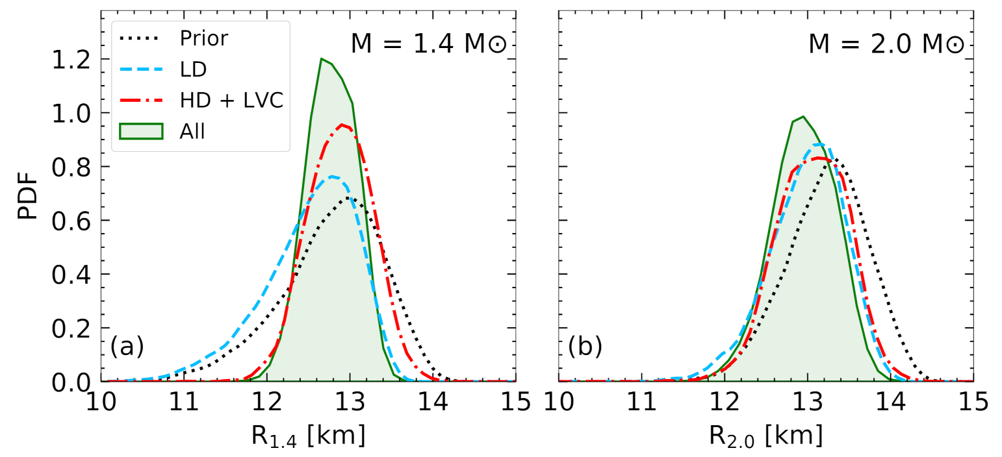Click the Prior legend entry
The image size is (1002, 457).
(203, 38)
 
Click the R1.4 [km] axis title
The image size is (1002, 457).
(308, 435)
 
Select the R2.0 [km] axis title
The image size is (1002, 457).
(766, 435)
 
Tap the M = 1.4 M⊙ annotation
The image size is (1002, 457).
(429, 44)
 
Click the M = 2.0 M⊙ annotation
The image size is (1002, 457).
(886, 44)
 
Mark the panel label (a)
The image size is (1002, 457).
(127, 347)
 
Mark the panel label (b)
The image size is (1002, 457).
(585, 347)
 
